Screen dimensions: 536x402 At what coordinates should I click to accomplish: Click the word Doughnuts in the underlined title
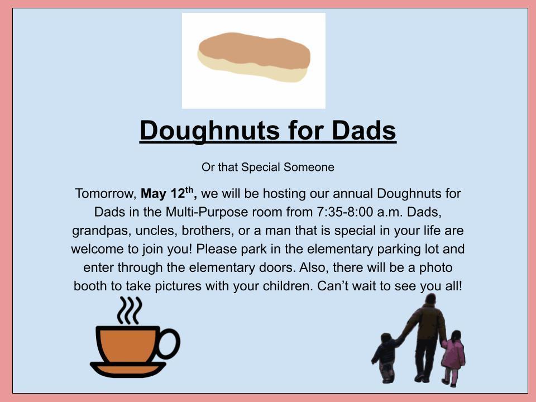pos(209,131)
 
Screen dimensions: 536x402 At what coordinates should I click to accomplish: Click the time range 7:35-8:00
pos(345,212)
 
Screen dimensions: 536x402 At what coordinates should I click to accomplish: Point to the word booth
pos(90,286)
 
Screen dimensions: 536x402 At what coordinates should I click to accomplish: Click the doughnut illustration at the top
pos(254,57)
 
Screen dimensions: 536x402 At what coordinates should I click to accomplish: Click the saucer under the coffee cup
pos(128,369)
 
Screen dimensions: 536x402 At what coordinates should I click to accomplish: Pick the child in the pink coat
pos(453,357)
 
